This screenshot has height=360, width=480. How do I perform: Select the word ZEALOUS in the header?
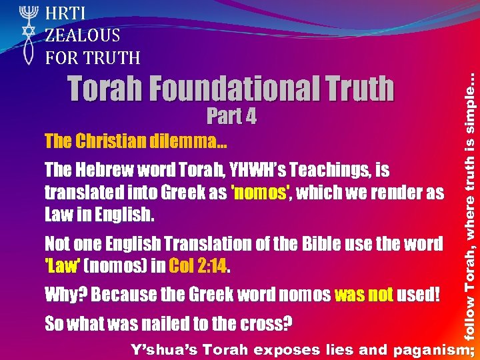click(83, 35)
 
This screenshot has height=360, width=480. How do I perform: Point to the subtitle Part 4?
click(231, 116)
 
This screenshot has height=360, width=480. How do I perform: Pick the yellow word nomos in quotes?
click(260, 193)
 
